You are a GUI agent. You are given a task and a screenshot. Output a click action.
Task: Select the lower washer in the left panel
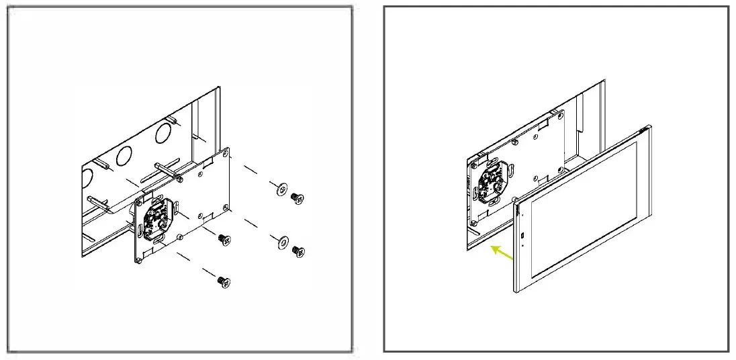pos(281,242)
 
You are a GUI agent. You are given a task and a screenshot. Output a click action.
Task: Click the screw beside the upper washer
pos(296,197)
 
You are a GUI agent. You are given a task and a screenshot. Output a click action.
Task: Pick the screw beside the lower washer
pos(298,251)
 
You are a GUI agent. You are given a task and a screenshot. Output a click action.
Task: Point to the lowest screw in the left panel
pos(223,282)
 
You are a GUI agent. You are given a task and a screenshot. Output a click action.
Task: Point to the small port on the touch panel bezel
pos(522,236)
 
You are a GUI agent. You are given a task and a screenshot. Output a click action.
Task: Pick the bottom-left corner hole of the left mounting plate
pos(139,258)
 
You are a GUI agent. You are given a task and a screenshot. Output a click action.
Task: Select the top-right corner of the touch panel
pos(648,128)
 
